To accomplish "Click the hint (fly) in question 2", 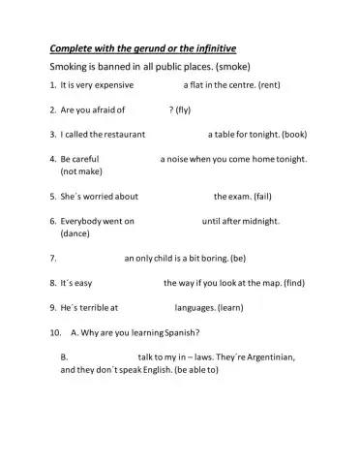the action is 181,109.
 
